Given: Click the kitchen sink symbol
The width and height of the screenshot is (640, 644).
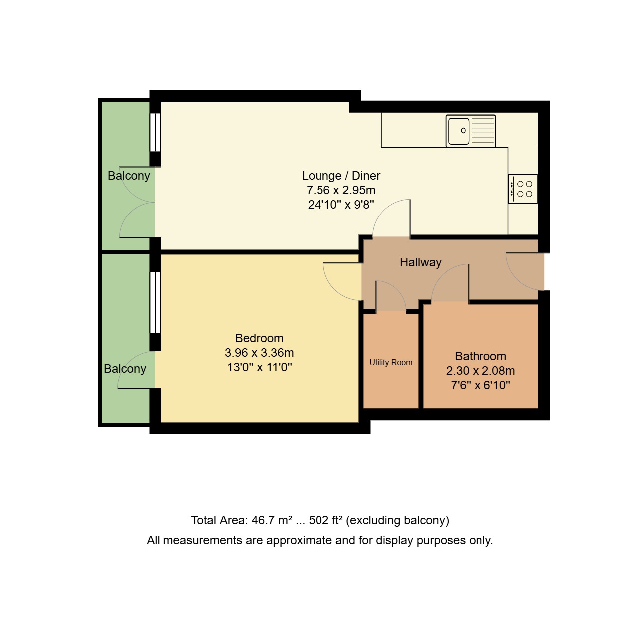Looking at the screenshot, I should pyautogui.click(x=471, y=131).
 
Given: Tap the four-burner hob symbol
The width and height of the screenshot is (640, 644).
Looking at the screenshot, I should pyautogui.click(x=523, y=189).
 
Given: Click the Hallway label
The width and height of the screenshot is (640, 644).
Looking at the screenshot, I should pyautogui.click(x=420, y=262).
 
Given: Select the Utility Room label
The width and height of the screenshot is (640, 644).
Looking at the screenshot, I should pyautogui.click(x=391, y=363).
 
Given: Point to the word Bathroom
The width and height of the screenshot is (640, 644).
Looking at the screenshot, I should pyautogui.click(x=480, y=356).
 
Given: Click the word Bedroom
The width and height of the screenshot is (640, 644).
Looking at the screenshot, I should pyautogui.click(x=259, y=338).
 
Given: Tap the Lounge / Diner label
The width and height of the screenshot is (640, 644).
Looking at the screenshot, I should pyautogui.click(x=341, y=176).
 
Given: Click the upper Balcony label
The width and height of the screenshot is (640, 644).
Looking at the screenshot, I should pyautogui.click(x=129, y=176).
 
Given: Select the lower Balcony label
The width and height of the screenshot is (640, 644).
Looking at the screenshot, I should pyautogui.click(x=125, y=369).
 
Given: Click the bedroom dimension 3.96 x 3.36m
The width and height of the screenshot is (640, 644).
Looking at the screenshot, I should pyautogui.click(x=259, y=353).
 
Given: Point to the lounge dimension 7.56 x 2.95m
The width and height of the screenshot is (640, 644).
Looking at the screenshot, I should pyautogui.click(x=341, y=190).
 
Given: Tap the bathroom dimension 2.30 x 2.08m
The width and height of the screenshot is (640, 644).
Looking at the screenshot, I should pyautogui.click(x=480, y=371).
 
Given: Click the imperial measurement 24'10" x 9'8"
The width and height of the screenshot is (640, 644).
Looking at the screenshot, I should pyautogui.click(x=341, y=205).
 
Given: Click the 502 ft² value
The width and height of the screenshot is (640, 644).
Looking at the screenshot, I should pyautogui.click(x=325, y=520).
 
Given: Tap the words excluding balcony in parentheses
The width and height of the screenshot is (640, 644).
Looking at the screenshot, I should pyautogui.click(x=398, y=520).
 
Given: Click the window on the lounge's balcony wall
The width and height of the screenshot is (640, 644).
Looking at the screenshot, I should pyautogui.click(x=156, y=132).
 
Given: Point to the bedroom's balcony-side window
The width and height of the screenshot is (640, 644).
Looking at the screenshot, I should pyautogui.click(x=156, y=303).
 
